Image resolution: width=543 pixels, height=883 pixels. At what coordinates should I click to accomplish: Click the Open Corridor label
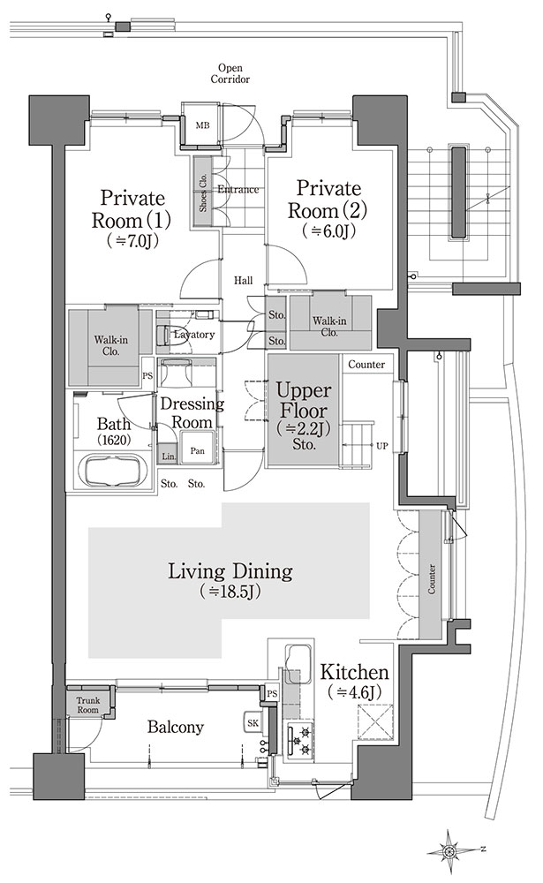click(230, 74)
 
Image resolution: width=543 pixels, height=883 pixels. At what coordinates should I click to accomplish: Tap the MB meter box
click(202, 125)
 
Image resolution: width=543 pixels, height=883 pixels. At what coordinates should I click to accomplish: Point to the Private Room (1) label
click(132, 208)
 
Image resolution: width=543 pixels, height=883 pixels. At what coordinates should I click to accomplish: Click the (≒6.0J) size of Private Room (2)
click(329, 230)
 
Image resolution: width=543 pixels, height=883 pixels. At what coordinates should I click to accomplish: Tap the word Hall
click(244, 281)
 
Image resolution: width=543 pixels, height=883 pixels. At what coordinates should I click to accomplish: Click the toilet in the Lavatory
click(164, 334)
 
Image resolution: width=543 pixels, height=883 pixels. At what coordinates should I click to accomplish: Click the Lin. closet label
click(169, 457)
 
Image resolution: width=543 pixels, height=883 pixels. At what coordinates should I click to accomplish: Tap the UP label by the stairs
click(382, 447)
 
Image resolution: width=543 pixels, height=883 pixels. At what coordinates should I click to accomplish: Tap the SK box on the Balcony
click(253, 722)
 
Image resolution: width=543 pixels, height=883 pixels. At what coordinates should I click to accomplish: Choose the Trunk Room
click(88, 705)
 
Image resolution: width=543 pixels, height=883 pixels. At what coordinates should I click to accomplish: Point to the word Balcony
click(175, 727)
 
